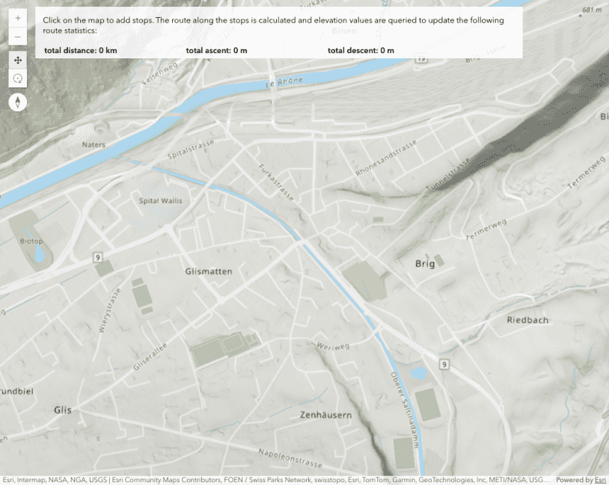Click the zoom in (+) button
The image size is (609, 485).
pos(18,17)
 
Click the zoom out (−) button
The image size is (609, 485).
pos(18,36)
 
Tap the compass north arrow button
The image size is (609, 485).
pos(18,102)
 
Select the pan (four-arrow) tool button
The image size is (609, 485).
pos(18,60)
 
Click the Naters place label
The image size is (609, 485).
pos(94,144)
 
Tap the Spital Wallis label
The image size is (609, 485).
pos(161,200)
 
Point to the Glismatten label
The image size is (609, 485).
pos(209,271)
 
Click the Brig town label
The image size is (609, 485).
pos(424,263)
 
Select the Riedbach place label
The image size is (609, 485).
pos(527,320)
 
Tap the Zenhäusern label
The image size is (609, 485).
pos(325,414)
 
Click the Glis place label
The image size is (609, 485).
pos(63,410)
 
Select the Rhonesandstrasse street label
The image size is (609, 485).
pos(385,160)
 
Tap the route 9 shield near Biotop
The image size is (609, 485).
pos(97,257)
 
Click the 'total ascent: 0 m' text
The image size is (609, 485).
pos(216,50)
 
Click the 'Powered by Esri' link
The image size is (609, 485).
pos(581,480)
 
